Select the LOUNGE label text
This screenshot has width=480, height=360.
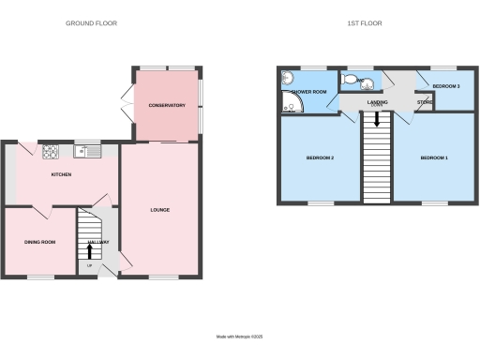(159, 209)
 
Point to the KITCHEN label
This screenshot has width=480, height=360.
(62, 174)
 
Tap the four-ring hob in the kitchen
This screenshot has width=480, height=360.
(50, 150)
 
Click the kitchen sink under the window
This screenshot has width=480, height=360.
(89, 150)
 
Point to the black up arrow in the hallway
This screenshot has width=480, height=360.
(91, 249)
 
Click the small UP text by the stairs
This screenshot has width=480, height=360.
(90, 266)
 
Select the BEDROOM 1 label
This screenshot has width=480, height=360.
(433, 157)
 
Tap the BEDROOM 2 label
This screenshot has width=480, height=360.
(320, 157)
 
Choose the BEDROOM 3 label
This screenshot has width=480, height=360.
(446, 85)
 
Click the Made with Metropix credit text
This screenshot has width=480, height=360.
(240, 336)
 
